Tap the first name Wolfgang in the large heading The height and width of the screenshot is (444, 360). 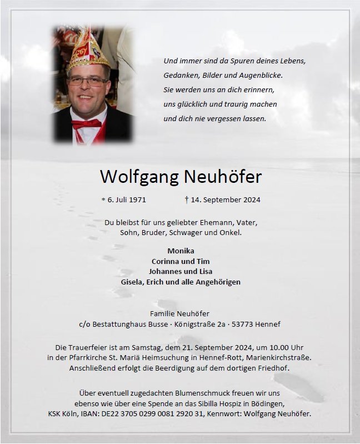[x=139, y=177]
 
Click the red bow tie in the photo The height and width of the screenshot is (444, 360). [x=86, y=123]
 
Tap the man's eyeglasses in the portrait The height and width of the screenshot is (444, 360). [x=88, y=81]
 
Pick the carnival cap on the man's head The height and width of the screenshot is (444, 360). [x=87, y=50]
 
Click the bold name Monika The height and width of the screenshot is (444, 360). [x=181, y=251]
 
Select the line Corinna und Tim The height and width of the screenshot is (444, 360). [x=181, y=261]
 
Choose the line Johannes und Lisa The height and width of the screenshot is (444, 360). [x=181, y=272]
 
